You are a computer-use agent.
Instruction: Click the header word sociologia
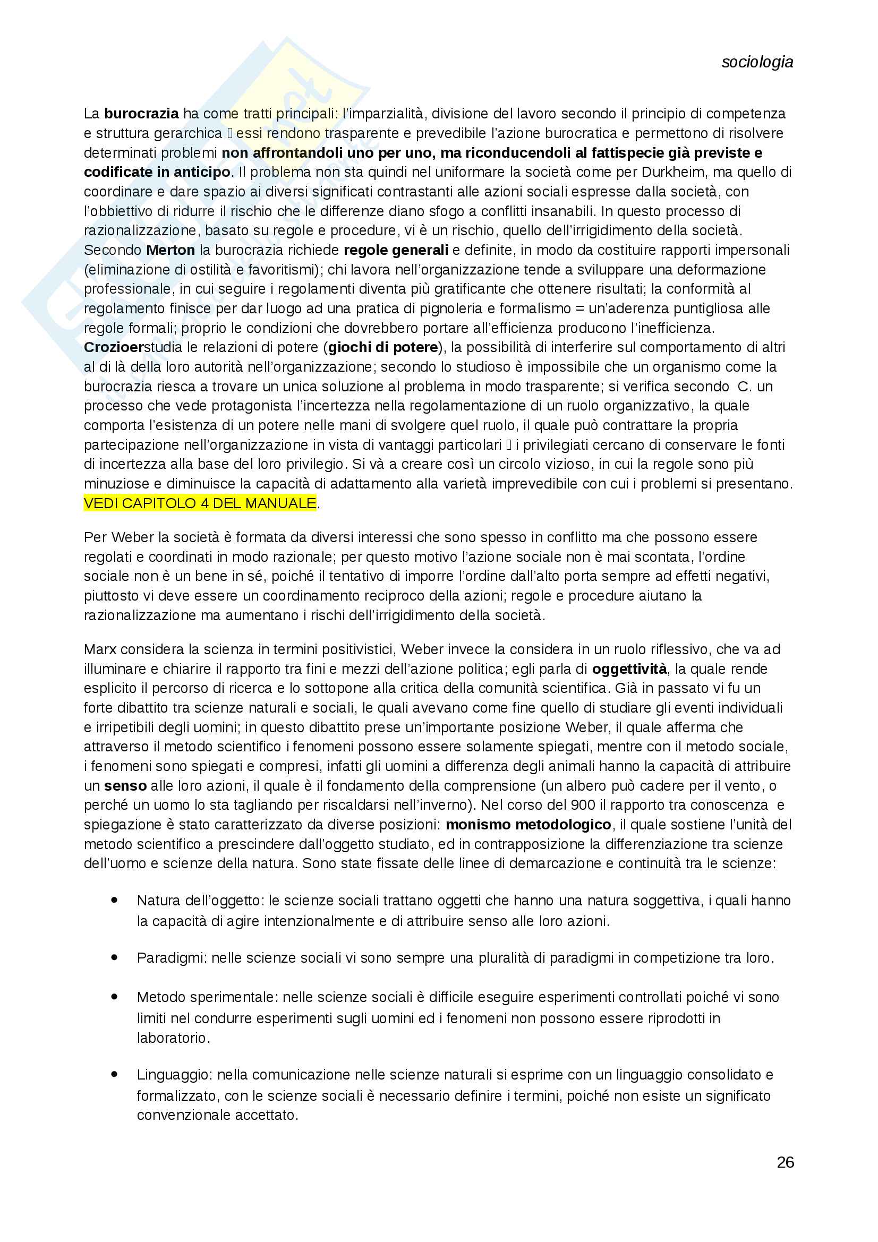click(x=757, y=62)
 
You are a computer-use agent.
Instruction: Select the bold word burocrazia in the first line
click(x=141, y=114)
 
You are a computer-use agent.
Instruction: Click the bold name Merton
click(x=171, y=250)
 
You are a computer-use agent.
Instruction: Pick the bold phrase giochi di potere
click(x=382, y=347)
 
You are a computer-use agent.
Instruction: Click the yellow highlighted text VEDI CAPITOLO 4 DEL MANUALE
click(x=200, y=503)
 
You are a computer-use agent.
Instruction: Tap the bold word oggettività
click(x=629, y=669)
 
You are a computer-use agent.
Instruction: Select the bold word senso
click(x=125, y=786)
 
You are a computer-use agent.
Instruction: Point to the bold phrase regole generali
click(x=396, y=250)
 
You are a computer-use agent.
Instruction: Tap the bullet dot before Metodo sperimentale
click(x=114, y=996)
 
